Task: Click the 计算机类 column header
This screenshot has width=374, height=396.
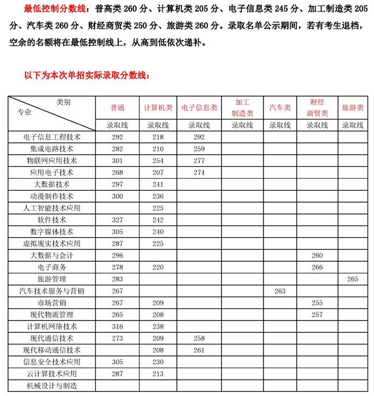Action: pyautogui.click(x=158, y=108)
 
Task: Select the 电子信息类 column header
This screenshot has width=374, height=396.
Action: pyautogui.click(x=199, y=108)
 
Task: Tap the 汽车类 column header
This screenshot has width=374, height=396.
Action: pyautogui.click(x=280, y=108)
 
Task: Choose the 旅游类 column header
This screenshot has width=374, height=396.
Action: pyautogui.click(x=352, y=108)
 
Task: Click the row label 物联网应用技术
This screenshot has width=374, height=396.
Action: pyautogui.click(x=52, y=160)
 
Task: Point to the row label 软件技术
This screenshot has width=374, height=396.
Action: pyautogui.click(x=52, y=219)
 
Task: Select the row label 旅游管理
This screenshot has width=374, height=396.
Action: pyautogui.click(x=52, y=279)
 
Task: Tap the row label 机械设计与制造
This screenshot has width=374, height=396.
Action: pyautogui.click(x=52, y=386)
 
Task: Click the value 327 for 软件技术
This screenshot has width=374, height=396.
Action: pyautogui.click(x=117, y=219)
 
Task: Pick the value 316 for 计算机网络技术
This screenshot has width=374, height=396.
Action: pyautogui.click(x=117, y=326)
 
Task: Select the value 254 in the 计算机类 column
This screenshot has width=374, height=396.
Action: pyautogui.click(x=158, y=160)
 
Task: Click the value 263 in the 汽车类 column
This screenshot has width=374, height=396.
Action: pyautogui.click(x=280, y=291)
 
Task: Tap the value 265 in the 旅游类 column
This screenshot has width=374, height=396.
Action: pyautogui.click(x=352, y=279)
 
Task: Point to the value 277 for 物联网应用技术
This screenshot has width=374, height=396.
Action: pyautogui.click(x=199, y=160)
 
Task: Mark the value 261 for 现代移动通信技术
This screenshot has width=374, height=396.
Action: pyautogui.click(x=199, y=350)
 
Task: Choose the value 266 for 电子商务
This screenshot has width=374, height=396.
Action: pyautogui.click(x=317, y=267)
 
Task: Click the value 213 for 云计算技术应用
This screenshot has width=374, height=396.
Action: pyautogui.click(x=158, y=374)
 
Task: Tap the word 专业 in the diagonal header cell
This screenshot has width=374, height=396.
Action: pyautogui.click(x=24, y=112)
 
